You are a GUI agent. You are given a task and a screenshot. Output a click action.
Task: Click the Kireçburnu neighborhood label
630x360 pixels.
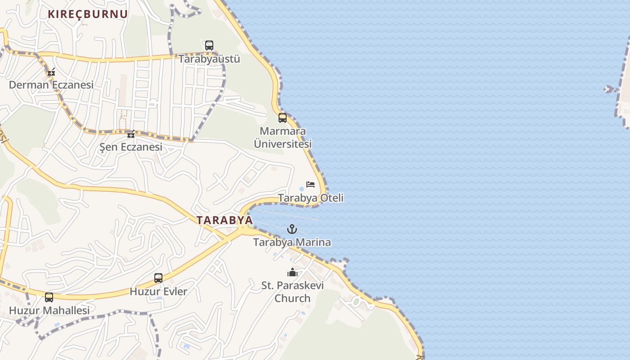[88, 14]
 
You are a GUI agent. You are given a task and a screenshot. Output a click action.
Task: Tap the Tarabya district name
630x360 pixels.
[225, 220]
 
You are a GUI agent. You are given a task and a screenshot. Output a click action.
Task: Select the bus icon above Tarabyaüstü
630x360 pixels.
[209, 45]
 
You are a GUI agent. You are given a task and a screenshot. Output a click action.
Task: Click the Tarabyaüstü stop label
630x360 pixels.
[209, 59]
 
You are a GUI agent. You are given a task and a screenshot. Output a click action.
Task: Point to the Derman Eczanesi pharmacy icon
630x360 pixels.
[51, 72]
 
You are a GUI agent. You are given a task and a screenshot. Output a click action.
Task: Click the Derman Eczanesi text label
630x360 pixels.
[51, 85]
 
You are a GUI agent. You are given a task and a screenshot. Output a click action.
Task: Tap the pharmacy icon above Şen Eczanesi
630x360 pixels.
[131, 134]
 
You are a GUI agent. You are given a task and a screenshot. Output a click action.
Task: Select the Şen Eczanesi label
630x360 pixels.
[131, 147]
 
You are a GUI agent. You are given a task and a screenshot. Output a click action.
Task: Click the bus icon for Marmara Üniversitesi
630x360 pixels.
[283, 118]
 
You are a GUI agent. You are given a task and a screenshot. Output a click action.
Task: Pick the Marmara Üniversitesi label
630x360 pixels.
[283, 138]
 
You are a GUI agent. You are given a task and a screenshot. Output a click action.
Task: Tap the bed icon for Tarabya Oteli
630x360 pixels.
[310, 184]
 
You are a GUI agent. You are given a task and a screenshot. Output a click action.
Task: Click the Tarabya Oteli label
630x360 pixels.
[310, 198]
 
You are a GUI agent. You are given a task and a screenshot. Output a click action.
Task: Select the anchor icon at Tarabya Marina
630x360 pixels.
[292, 229]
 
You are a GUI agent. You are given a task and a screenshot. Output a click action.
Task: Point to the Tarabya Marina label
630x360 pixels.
[292, 242]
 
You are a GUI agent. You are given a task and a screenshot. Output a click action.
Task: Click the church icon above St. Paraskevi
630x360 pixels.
[292, 272]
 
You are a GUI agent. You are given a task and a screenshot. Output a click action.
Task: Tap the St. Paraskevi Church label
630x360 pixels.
[292, 292]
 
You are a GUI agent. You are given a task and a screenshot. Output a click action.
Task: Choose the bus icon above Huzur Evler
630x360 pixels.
[158, 278]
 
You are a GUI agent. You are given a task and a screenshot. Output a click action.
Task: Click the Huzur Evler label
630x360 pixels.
[158, 292]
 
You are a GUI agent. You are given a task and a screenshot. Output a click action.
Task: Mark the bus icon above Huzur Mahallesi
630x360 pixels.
[49, 297]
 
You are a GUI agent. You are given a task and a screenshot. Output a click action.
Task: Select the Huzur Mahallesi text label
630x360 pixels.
[49, 310]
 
